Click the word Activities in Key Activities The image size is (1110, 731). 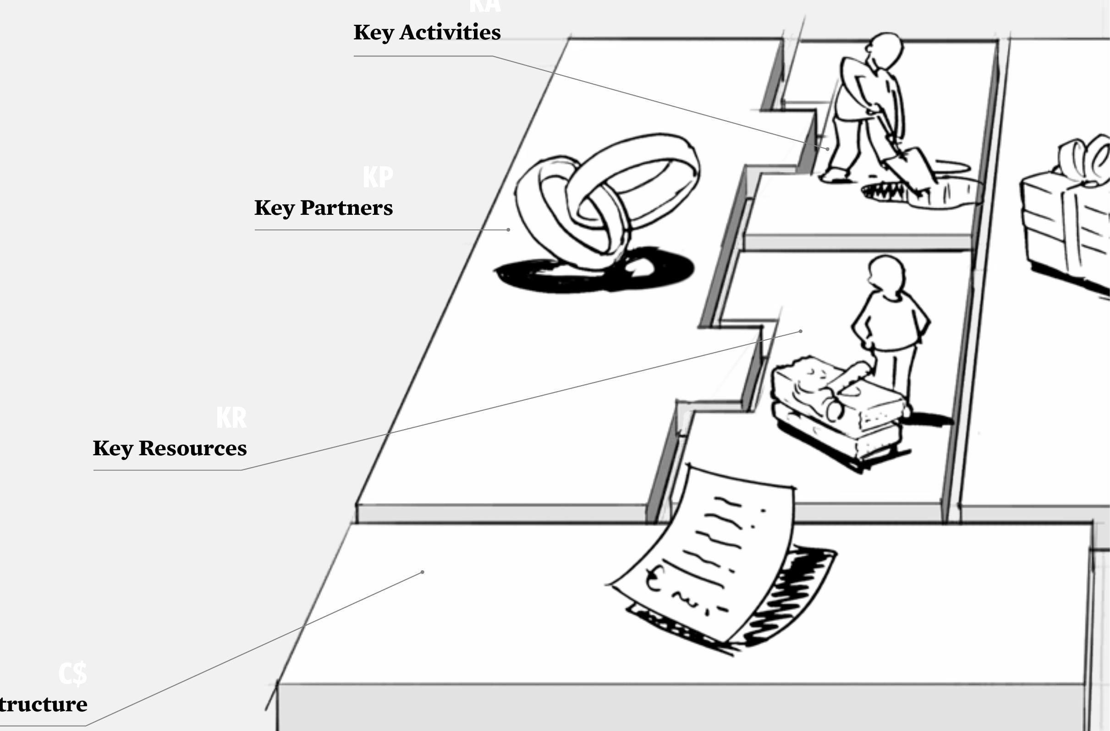(x=450, y=33)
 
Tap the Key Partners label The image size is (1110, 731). (x=323, y=208)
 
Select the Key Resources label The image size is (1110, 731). (x=170, y=448)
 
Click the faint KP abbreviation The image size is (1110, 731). (x=378, y=178)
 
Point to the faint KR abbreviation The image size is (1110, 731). (x=231, y=418)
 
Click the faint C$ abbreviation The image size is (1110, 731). (x=73, y=674)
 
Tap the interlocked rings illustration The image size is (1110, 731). (x=606, y=201)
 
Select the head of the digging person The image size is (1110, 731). (x=885, y=50)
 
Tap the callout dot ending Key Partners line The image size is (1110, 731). (x=508, y=230)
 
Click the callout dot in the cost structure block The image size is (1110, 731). (x=423, y=572)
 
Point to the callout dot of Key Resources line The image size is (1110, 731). (x=801, y=332)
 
